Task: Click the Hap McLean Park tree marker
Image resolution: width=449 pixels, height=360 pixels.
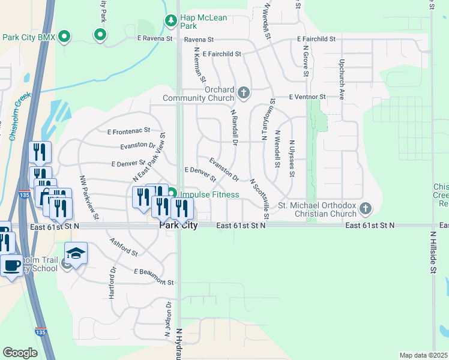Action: [x=171, y=22]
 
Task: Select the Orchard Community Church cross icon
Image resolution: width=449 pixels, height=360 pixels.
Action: [x=243, y=92]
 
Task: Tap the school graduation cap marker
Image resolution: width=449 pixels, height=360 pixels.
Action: [x=76, y=254]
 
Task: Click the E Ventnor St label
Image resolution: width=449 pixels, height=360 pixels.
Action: [x=307, y=97]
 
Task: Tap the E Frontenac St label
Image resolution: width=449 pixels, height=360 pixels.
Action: [x=128, y=131]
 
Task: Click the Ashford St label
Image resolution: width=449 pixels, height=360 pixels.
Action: [x=124, y=247]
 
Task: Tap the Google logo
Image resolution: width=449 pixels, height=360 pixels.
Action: [x=20, y=353]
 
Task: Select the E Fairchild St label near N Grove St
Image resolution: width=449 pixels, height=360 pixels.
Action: [x=316, y=39]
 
